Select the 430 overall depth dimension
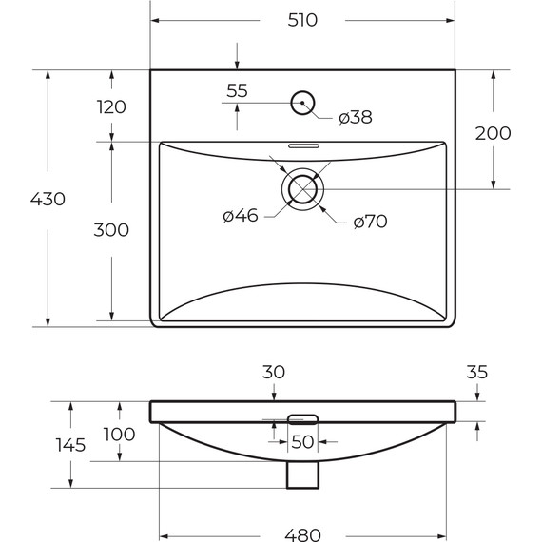48,199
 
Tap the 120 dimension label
111,106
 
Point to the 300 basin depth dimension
111,229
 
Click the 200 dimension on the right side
493,132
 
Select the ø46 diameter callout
241,217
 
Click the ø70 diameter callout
369,222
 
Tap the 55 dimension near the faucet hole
238,91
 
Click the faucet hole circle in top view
302,102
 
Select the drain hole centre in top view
302,188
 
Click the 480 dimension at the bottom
303,534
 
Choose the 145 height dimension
70,444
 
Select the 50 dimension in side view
302,441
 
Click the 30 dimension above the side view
273,374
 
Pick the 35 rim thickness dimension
477,374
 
